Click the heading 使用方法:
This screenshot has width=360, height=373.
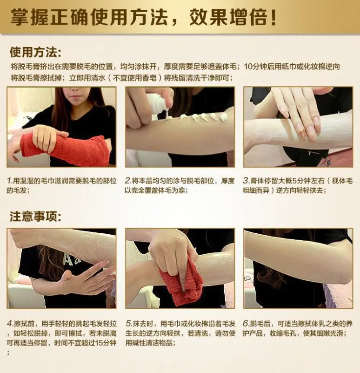pyautogui.click(x=36, y=52)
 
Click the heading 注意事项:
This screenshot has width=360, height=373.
pyautogui.click(x=36, y=217)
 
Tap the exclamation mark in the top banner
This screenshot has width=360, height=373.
pyautogui.click(x=273, y=17)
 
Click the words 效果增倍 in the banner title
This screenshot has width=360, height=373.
pyautogui.click(x=228, y=17)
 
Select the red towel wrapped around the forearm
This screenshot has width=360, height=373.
pyautogui.click(x=64, y=148)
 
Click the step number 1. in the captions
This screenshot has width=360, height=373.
pyautogui.click(x=10, y=181)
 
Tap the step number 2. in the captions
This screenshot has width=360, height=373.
pyautogui.click(x=128, y=181)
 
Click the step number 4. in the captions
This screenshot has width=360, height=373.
pyautogui.click(x=10, y=324)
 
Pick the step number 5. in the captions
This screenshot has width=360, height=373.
pyautogui.click(x=129, y=324)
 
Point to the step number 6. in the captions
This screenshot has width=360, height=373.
pyautogui.click(x=246, y=324)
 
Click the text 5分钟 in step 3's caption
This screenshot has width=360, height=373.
pyautogui.click(x=294, y=181)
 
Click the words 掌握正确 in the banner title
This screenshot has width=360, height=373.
pyautogui.click(x=50, y=17)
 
